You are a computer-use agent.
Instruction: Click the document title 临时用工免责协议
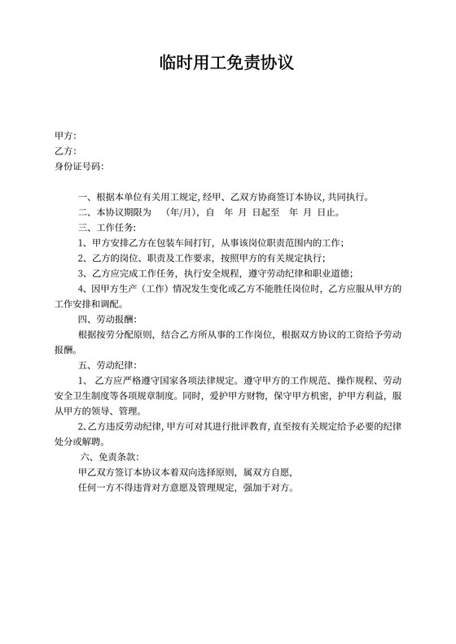[227, 63]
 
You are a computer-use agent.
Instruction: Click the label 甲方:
[65, 136]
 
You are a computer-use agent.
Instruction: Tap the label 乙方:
[65, 151]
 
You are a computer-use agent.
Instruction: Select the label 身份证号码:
[80, 167]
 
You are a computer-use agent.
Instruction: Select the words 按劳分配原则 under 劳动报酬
[121, 334]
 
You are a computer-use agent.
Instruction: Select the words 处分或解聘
[79, 442]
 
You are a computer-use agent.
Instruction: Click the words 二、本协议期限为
[112, 212]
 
